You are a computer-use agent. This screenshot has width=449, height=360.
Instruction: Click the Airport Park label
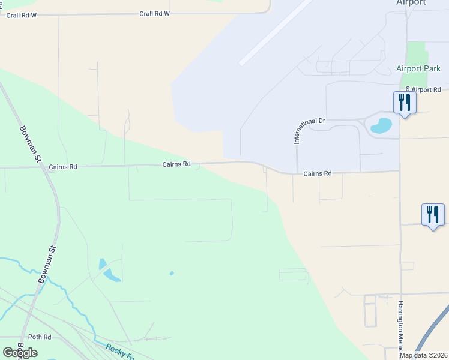pyautogui.click(x=418, y=69)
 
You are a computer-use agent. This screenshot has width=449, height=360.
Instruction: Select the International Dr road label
pyautogui.click(x=309, y=130)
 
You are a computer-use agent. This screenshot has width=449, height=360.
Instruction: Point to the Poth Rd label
pyautogui.click(x=40, y=337)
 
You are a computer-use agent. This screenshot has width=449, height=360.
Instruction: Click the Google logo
pyautogui.click(x=20, y=353)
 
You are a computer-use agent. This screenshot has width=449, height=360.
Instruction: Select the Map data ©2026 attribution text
pyautogui.click(x=424, y=355)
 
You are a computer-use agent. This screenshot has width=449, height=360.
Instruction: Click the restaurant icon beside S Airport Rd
pyautogui.click(x=404, y=103)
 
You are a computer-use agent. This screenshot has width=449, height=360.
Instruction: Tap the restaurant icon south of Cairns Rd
pyautogui.click(x=432, y=215)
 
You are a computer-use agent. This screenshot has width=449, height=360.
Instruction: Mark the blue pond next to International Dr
pyautogui.click(x=381, y=125)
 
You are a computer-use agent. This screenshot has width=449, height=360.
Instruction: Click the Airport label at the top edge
pyautogui.click(x=411, y=3)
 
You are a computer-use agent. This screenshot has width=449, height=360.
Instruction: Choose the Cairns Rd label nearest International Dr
pyautogui.click(x=317, y=173)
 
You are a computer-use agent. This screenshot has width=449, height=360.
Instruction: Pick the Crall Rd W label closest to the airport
pyautogui.click(x=154, y=13)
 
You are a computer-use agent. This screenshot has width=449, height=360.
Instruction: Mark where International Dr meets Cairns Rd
pyautogui.click(x=297, y=174)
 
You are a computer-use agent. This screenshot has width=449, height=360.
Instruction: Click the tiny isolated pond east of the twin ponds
pyautogui.click(x=172, y=274)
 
